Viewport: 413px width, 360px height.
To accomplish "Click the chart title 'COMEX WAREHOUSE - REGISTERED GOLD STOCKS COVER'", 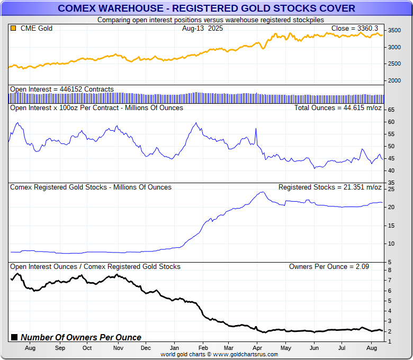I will [206, 8].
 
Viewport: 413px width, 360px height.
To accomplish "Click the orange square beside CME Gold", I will [13, 28].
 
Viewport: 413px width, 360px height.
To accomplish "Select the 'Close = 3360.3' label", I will [355, 28].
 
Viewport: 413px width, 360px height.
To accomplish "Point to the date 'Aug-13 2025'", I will [202, 28].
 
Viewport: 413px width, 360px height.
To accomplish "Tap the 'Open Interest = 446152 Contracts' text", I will [62, 89].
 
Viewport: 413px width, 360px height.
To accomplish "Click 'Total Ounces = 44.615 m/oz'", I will [338, 107].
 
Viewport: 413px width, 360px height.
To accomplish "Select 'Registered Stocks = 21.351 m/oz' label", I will [330, 187].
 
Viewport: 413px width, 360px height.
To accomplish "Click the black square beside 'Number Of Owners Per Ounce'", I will [14, 337].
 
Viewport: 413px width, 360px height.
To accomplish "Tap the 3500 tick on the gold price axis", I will [394, 30].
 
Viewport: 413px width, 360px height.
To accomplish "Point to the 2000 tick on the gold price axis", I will [394, 80].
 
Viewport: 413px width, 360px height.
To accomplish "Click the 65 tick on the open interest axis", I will [391, 110].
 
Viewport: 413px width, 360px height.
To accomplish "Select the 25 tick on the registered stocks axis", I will [391, 189].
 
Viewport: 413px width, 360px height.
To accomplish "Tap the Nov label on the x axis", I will [119, 348].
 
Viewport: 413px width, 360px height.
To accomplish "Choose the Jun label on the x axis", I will [314, 348].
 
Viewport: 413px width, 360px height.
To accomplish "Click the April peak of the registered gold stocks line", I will [262, 192].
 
